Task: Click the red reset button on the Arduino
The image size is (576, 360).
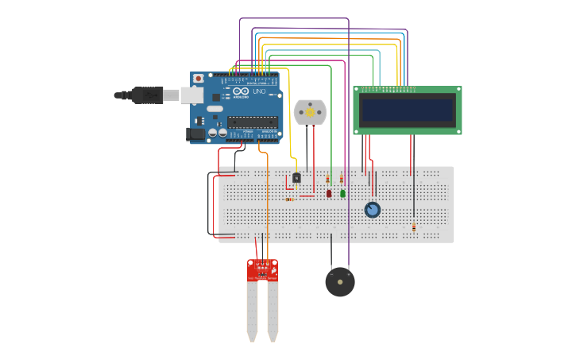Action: (198, 79)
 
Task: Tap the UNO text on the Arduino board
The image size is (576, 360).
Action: (259, 91)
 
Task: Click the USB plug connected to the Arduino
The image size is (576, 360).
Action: (148, 95)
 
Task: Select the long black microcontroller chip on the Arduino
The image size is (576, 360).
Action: (253, 122)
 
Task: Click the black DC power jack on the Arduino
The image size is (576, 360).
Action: (195, 134)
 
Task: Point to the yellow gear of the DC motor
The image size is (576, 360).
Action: (310, 112)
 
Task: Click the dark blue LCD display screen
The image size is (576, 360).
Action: (408, 110)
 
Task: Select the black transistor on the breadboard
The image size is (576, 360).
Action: (296, 178)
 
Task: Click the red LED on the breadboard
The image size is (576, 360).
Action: (329, 193)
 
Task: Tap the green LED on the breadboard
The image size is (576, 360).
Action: (342, 193)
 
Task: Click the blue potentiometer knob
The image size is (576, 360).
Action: (372, 210)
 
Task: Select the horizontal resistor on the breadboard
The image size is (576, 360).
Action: (290, 199)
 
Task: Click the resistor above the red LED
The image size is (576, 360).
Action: (327, 179)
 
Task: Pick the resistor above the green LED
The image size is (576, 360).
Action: (342, 178)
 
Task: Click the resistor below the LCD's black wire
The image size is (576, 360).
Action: (413, 227)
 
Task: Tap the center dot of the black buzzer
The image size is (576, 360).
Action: (340, 282)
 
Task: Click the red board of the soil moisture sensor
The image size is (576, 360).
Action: (262, 270)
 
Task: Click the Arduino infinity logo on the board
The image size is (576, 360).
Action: (242, 91)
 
